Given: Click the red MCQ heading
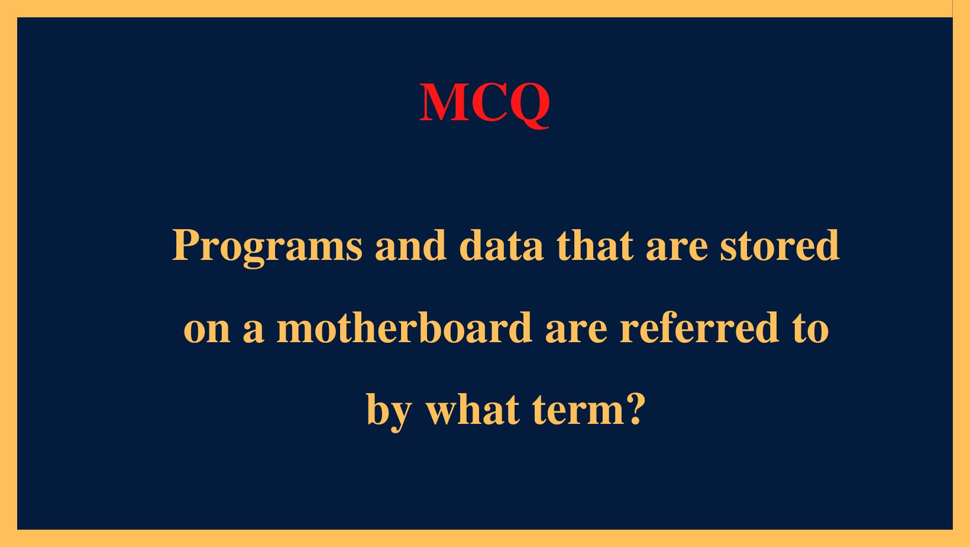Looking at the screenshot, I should pyautogui.click(x=484, y=102).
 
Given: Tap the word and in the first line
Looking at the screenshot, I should pyautogui.click(x=410, y=246).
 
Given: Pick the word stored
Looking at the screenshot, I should pyautogui.click(x=780, y=246).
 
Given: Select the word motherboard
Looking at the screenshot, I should pyautogui.click(x=405, y=327).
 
